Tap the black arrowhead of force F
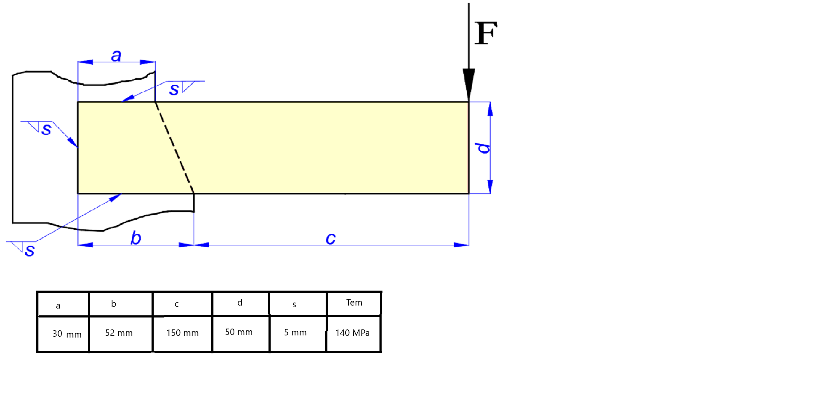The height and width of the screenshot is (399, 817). pyautogui.click(x=469, y=84)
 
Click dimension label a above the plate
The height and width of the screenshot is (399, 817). pyautogui.click(x=116, y=55)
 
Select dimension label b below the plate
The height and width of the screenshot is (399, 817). pyautogui.click(x=136, y=238)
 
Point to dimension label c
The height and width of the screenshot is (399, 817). pyautogui.click(x=330, y=238)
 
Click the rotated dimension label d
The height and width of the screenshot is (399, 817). pyautogui.click(x=483, y=148)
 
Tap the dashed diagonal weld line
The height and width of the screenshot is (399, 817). pyautogui.click(x=174, y=147)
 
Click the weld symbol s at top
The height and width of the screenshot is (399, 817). pyautogui.click(x=174, y=89)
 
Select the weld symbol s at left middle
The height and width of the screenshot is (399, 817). pyautogui.click(x=46, y=129)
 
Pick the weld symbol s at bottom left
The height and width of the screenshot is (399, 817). pyautogui.click(x=29, y=250)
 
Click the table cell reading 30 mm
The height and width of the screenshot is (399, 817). pyautogui.click(x=67, y=334)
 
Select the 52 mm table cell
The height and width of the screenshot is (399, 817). pyautogui.click(x=119, y=333)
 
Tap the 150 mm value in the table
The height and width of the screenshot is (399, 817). pyautogui.click(x=182, y=333)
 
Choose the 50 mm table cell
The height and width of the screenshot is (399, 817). pyautogui.click(x=239, y=332)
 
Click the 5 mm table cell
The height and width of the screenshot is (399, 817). pyautogui.click(x=295, y=332)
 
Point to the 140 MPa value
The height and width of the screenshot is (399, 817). pyautogui.click(x=352, y=333)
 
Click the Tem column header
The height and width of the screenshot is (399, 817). pyautogui.click(x=354, y=303)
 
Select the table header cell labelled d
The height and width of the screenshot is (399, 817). pyautogui.click(x=240, y=303)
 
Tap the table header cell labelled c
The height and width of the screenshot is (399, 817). pyautogui.click(x=177, y=304)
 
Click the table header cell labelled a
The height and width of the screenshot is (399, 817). pyautogui.click(x=58, y=306)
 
